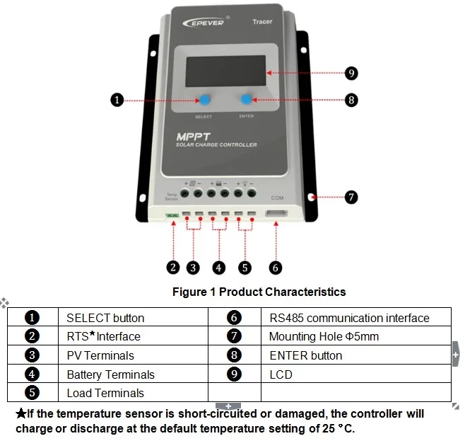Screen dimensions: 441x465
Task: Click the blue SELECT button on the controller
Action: (204, 101)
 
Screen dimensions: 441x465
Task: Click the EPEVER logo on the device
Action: (204, 23)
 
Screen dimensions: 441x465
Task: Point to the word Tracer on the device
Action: (262, 22)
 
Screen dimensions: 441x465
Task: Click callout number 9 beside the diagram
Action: (351, 73)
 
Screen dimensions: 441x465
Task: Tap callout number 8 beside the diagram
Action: (351, 100)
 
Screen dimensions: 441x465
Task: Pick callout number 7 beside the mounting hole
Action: (351, 197)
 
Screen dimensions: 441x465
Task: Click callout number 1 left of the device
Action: (118, 100)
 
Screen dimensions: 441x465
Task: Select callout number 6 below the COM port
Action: (276, 267)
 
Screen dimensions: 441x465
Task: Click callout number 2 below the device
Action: (173, 267)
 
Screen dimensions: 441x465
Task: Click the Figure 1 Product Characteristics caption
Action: (259, 292)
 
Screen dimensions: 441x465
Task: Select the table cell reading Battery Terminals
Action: (110, 374)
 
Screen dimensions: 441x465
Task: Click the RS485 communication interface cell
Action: (349, 318)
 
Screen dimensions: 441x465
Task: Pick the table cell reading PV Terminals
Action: (100, 355)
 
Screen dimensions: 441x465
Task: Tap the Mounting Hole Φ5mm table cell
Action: (324, 337)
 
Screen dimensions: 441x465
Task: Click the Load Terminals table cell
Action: (105, 393)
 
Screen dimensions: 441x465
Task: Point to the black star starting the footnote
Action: (20, 413)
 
